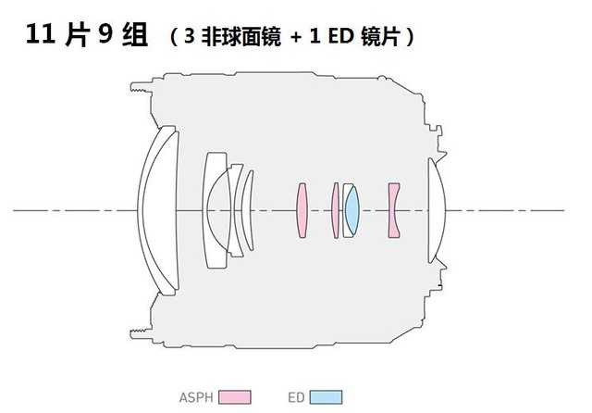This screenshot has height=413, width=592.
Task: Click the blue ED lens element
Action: (352, 210)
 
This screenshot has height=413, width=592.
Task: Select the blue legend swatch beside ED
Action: (327, 397)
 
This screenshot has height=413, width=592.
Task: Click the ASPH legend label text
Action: (196, 397)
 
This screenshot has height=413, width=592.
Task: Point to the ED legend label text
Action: (296, 397)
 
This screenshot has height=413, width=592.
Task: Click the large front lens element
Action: (158, 210)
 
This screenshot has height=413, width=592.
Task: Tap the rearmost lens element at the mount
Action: (437, 210)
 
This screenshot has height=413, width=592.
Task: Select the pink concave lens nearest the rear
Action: (394, 210)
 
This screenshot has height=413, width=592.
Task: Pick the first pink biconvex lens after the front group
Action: (302, 210)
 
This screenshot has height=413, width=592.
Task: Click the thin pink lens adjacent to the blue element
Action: (335, 210)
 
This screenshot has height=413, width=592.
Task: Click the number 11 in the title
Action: (41, 34)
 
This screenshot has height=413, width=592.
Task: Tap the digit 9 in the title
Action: (106, 34)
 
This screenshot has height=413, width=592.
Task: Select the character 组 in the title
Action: (135, 35)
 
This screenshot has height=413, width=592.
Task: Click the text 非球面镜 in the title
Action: (240, 37)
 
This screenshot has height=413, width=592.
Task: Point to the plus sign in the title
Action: (296, 37)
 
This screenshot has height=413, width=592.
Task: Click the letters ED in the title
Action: (341, 36)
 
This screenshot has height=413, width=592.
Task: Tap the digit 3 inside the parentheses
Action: (190, 36)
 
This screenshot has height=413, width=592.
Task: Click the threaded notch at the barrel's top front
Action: (142, 87)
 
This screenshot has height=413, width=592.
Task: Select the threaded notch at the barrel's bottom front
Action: (142, 333)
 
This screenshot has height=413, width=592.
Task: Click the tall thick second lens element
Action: (216, 210)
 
